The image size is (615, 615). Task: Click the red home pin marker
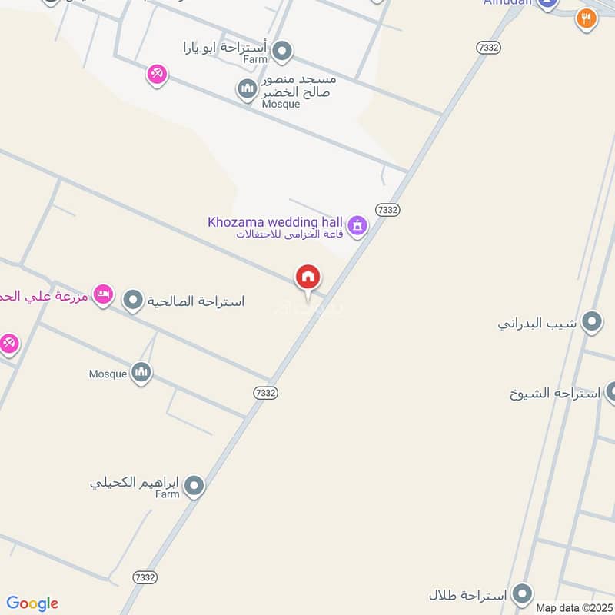coord(308,278)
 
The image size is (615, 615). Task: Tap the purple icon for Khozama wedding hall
coord(357,225)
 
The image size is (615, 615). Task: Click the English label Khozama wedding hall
coord(275,222)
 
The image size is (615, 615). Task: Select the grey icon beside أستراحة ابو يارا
coord(283,51)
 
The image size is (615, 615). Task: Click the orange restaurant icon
coord(586,18)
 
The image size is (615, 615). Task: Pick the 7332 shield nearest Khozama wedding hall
coord(387,209)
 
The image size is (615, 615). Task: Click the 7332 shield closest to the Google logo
coord(145,577)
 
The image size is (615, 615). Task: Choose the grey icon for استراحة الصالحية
coord(134,301)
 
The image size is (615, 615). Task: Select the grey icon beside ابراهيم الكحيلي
coord(194,485)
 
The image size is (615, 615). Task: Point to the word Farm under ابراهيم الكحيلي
coord(168,494)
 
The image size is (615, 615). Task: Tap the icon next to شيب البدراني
coord(592,322)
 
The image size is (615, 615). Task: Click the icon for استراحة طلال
coord(523,594)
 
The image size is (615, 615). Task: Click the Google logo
coord(32,603)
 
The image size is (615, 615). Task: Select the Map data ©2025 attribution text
coord(573,607)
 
